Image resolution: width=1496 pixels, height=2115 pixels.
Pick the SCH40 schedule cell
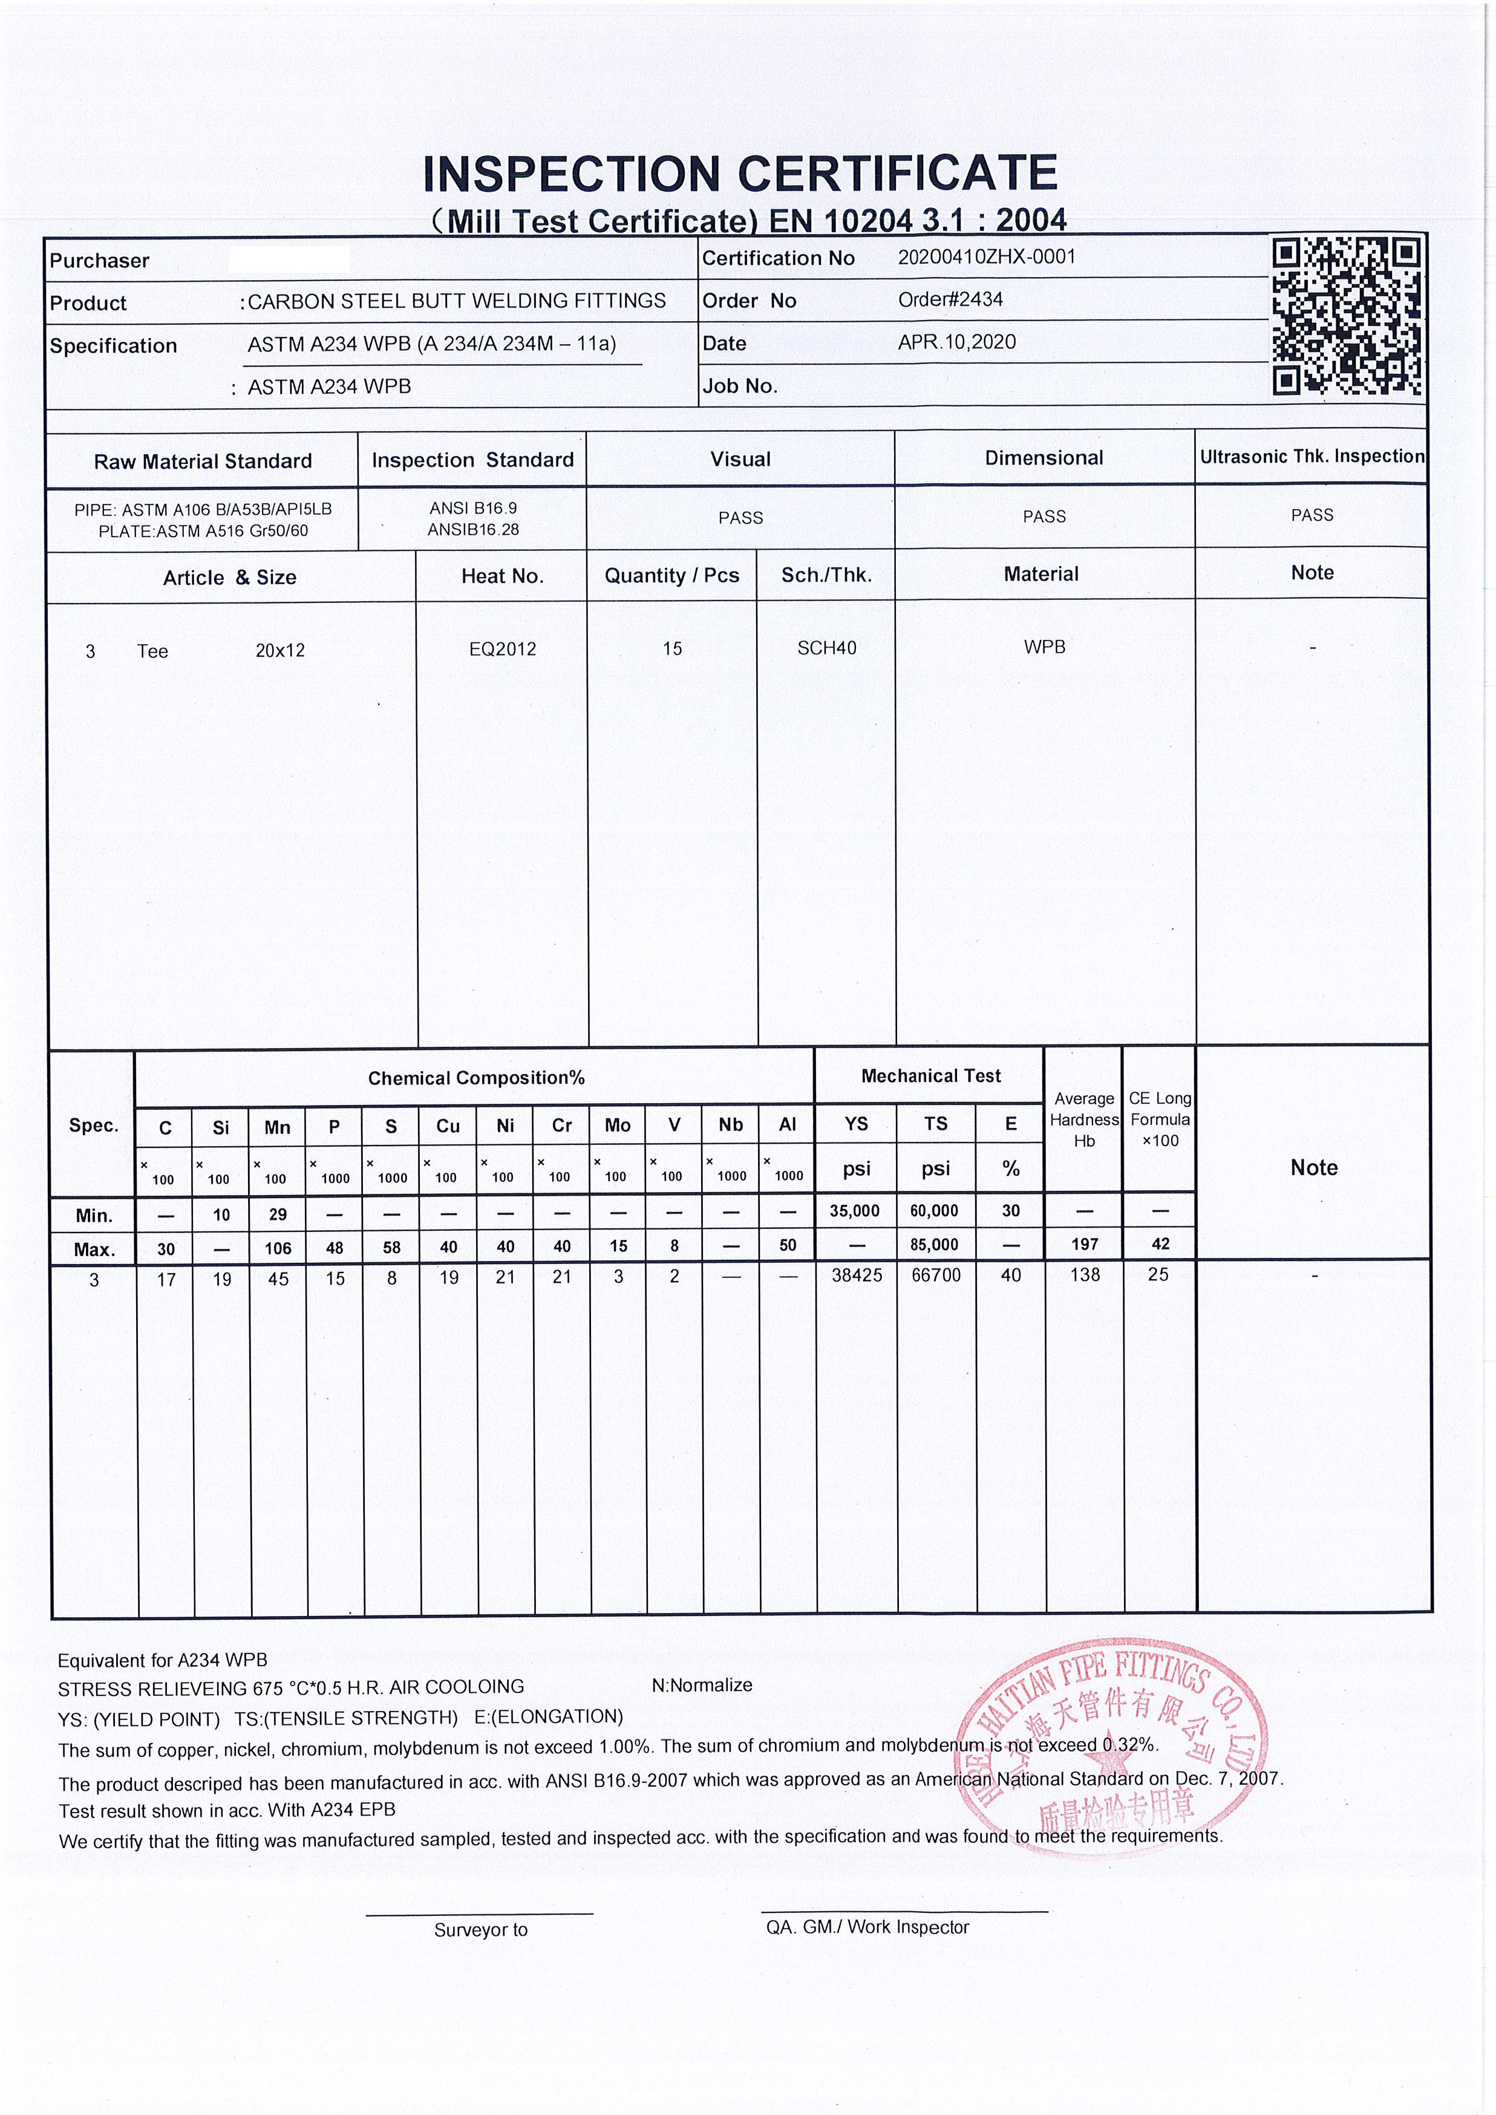point(826,648)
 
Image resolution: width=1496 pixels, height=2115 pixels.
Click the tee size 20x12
point(280,650)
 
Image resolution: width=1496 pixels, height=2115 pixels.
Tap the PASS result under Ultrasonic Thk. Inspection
point(1311,515)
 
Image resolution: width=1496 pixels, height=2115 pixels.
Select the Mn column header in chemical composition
point(277,1127)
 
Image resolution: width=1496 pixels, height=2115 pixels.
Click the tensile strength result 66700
point(935,1275)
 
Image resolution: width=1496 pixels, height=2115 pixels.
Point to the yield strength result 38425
point(857,1275)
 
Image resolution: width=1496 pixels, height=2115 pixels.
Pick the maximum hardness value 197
point(1084,1245)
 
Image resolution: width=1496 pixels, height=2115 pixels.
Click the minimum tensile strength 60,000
point(934,1210)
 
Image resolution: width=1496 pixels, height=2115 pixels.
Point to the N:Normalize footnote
point(701,1685)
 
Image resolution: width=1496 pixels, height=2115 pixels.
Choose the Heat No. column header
point(502,576)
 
